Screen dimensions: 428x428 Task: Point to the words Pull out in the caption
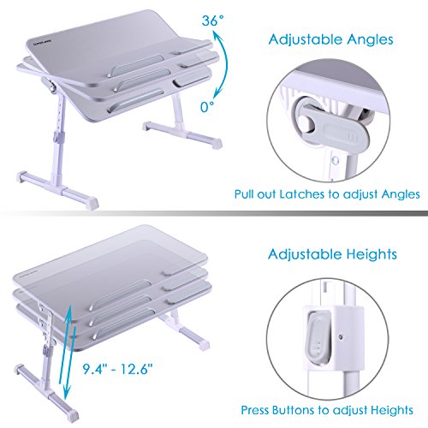click(254, 194)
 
